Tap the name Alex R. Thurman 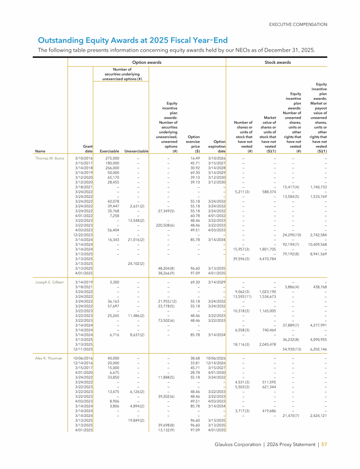[49, 358]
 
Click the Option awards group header [147, 62]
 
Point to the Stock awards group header [277, 62]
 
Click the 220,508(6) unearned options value [165, 225]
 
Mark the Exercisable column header [109, 151]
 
